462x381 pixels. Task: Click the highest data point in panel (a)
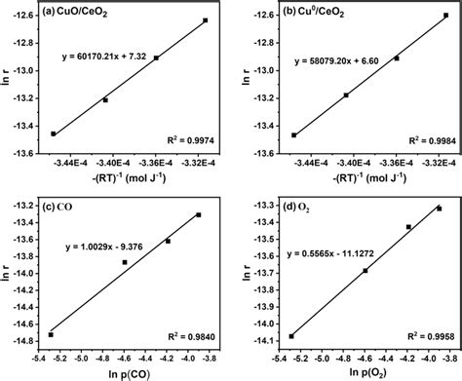(205, 20)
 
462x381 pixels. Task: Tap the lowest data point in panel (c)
(51, 334)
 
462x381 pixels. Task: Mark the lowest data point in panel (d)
(291, 336)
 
